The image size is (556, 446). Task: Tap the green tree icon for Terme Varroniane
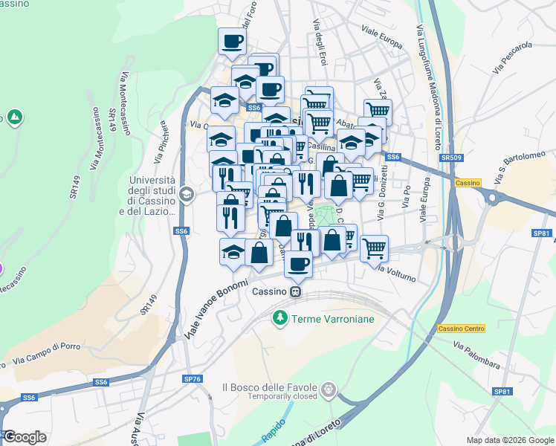point(279,318)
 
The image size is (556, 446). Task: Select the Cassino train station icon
point(296,291)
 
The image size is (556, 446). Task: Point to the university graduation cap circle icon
point(187,195)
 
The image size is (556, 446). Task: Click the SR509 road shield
point(448,158)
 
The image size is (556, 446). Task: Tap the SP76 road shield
point(192,379)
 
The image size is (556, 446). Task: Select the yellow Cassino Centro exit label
point(461,329)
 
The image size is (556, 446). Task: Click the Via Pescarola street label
point(512,57)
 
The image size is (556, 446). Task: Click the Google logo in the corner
point(25,437)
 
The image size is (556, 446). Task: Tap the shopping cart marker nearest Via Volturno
point(374,247)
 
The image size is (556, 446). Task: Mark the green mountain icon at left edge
point(14,117)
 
